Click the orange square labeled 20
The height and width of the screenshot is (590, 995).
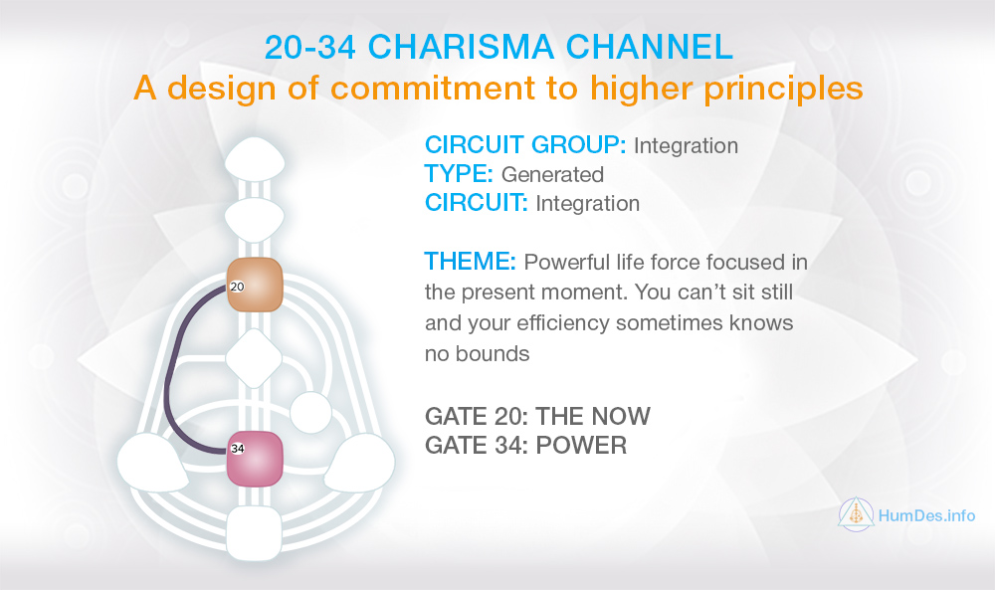255,285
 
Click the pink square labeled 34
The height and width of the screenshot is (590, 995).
255,459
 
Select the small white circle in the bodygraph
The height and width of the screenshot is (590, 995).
310,413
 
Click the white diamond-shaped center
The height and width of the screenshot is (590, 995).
254,358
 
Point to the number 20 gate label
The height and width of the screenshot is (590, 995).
237,287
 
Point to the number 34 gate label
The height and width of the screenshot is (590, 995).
238,449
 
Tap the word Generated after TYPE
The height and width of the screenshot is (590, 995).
552,174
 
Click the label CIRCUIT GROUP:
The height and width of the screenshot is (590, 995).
525,145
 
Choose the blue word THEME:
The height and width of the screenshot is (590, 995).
471,262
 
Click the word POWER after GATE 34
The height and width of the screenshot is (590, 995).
581,446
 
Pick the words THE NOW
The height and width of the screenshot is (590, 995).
593,416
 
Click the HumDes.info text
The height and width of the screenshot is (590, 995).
926,515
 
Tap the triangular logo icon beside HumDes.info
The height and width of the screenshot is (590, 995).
856,513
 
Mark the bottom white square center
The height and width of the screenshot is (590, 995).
254,533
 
